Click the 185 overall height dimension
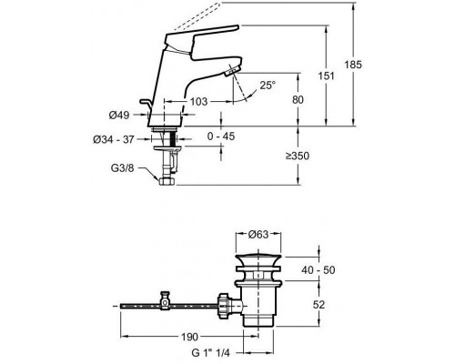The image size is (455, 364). (x=353, y=65)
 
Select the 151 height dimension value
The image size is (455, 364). (x=326, y=76)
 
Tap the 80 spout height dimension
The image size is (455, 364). (x=298, y=99)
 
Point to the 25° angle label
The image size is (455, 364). (x=268, y=86)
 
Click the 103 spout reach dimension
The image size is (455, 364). (x=198, y=101)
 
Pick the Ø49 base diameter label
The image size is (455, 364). (x=119, y=115)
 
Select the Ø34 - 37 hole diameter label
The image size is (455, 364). (x=114, y=139)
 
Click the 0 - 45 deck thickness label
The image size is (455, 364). (x=221, y=136)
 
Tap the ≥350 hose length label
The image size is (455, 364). (x=298, y=156)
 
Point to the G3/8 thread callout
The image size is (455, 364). (x=122, y=168)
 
